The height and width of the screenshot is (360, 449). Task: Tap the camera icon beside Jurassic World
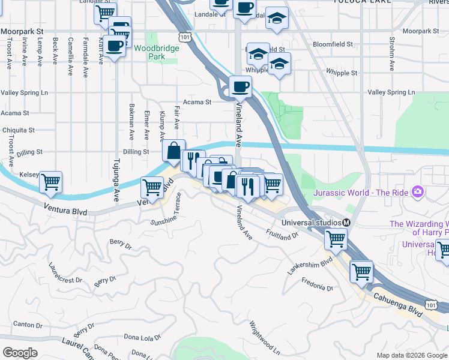(x=418, y=193)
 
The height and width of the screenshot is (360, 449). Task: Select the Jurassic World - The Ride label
(x=362, y=193)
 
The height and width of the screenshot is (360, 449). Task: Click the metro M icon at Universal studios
(x=346, y=223)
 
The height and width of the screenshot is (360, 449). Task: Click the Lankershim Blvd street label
(x=310, y=262)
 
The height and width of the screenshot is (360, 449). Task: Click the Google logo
(x=20, y=353)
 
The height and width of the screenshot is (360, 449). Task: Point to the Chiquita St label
(x=17, y=130)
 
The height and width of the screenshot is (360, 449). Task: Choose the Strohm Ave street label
(x=391, y=54)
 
